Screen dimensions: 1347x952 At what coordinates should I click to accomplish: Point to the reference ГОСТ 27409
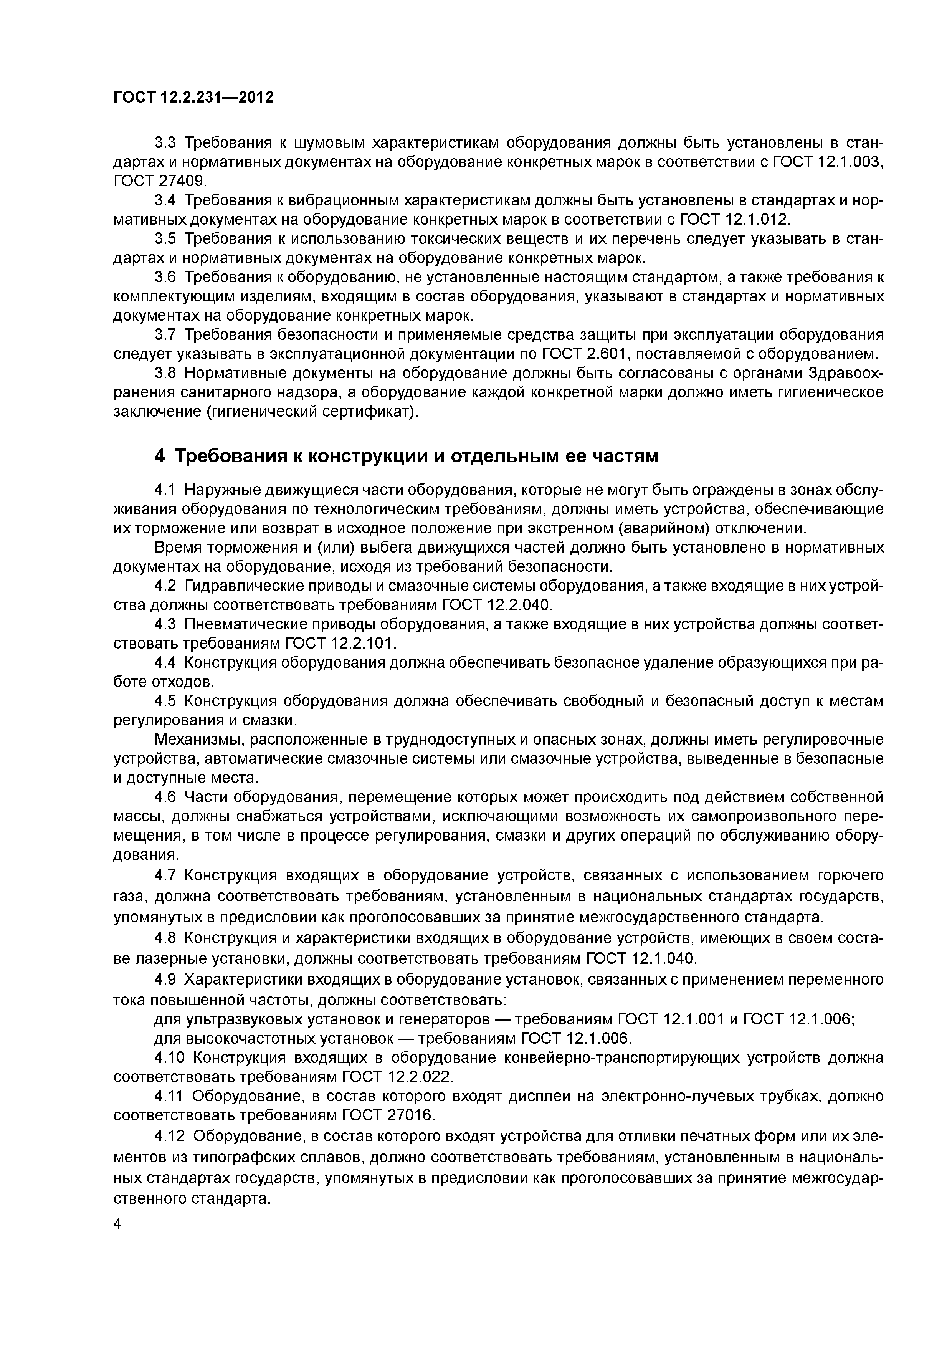pos(160,181)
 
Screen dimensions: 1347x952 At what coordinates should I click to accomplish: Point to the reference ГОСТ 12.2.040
pos(497,605)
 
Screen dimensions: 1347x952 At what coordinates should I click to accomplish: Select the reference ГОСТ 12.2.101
pos(340,644)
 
